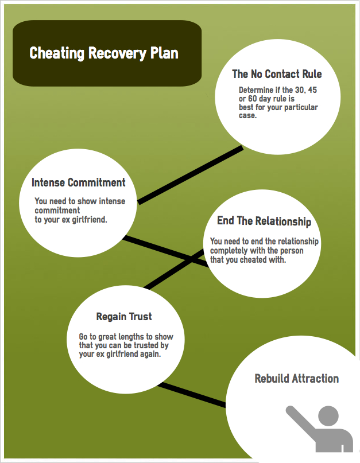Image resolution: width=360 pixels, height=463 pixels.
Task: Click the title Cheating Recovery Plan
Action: point(104,53)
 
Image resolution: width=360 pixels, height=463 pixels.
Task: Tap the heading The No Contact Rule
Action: point(277,74)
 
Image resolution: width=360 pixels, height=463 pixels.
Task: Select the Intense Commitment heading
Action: point(78,182)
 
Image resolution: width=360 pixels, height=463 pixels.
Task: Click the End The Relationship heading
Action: point(264,221)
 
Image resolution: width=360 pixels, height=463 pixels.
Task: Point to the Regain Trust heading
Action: point(124,317)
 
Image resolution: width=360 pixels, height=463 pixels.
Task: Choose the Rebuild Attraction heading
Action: point(297,378)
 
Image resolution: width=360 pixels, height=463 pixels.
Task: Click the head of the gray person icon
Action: point(328,416)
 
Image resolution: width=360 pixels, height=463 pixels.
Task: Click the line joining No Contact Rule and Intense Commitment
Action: point(191,176)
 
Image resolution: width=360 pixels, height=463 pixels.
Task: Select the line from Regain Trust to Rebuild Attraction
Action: point(192,395)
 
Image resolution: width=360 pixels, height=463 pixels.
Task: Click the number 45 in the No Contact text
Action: point(312,90)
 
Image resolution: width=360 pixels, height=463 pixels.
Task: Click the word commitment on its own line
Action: point(57,210)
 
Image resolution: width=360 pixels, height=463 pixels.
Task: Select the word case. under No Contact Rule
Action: point(247,115)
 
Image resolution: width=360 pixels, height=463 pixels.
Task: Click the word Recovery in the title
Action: point(117,54)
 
